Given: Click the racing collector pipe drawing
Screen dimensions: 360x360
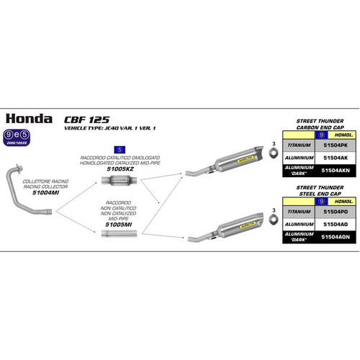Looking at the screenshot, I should click(25, 173).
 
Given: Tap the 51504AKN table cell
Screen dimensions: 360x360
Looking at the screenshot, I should click(337, 170).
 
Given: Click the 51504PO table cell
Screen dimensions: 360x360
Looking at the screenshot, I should click(337, 212).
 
